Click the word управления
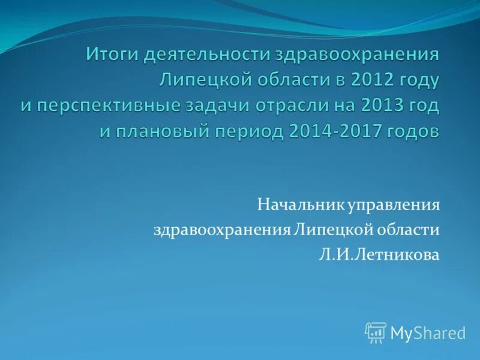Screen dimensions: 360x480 click(x=389, y=206)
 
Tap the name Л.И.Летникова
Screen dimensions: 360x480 click(x=379, y=255)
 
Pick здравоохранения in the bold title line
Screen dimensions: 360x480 click(x=357, y=55)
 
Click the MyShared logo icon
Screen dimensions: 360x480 click(x=376, y=332)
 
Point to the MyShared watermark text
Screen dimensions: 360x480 click(x=428, y=333)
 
